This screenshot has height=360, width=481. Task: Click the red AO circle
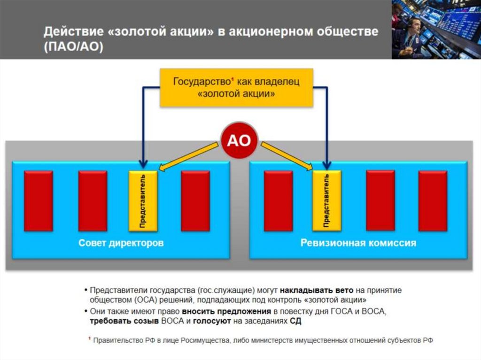[239, 141]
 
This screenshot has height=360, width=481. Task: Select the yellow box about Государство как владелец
[236, 88]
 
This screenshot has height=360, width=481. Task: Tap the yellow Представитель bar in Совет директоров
[143, 200]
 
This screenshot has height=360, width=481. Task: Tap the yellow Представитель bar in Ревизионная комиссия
[327, 200]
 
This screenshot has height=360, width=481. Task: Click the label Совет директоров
[121, 243]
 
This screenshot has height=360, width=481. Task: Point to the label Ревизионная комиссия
[358, 243]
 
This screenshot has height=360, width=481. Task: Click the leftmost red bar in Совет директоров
[39, 200]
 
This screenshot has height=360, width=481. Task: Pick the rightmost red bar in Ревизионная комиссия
[433, 200]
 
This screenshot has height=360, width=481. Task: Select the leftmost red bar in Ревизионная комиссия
[279, 200]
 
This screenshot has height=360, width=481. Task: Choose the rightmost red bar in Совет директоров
[195, 200]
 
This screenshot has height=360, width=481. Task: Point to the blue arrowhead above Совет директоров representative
[143, 164]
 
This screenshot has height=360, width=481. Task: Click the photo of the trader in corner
[436, 29]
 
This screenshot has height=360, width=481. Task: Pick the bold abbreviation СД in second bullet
[295, 322]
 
